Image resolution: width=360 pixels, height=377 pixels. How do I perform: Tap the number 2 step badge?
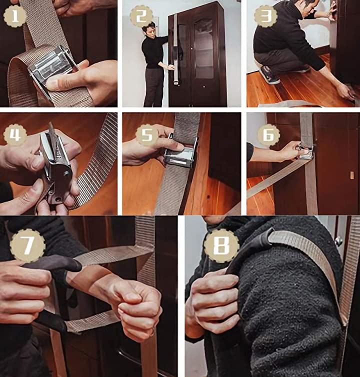141,16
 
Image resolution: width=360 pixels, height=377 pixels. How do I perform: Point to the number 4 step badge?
15,134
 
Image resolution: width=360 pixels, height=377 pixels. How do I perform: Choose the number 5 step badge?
147,134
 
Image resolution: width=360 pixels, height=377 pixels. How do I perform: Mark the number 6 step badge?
268,134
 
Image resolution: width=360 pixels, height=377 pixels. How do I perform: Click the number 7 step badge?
28,244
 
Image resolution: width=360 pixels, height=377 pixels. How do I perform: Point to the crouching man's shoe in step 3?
269,74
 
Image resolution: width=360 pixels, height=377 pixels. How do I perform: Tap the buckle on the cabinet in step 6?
306,152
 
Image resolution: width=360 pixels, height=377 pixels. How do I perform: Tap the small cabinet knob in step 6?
352,175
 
